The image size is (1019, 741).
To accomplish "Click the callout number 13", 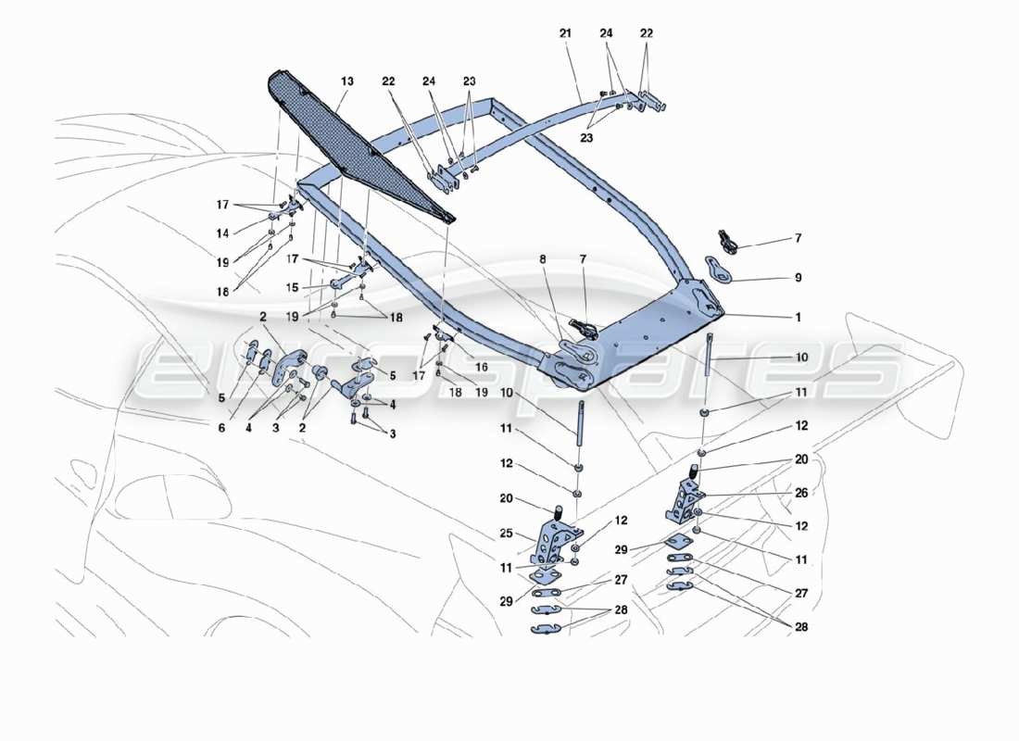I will (346, 82).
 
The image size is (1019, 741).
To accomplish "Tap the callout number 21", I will (565, 33).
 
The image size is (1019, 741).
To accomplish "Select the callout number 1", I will (797, 317).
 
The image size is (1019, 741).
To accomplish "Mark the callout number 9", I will (797, 277).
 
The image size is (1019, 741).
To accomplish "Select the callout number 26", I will (800, 493).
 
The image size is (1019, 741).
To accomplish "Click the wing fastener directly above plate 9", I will (729, 244).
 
